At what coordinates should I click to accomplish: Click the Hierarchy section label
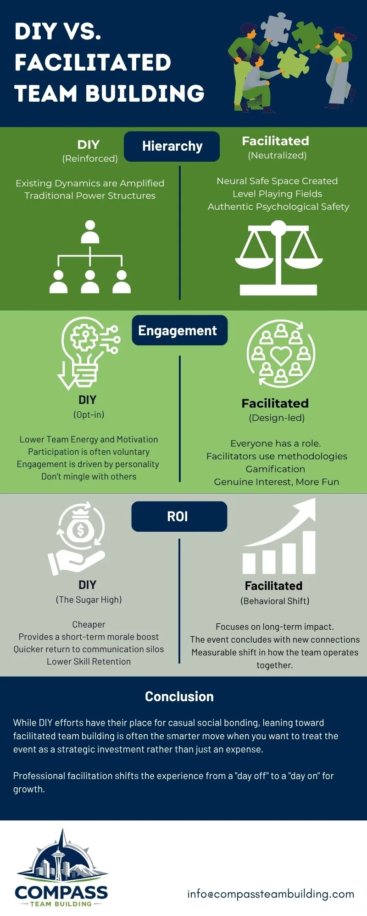[172, 146]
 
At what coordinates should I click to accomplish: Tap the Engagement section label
[178, 330]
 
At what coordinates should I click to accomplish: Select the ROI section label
[178, 517]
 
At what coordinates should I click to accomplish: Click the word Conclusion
[179, 697]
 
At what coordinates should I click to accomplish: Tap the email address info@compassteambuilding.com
[271, 894]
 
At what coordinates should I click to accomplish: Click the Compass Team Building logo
[61, 870]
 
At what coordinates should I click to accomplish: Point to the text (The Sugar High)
[89, 600]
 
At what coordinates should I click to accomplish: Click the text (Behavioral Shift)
[275, 601]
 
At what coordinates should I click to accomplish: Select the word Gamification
[275, 469]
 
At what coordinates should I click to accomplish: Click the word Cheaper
[89, 624]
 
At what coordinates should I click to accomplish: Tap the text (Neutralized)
[277, 155]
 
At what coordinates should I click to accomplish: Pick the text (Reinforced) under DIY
[90, 158]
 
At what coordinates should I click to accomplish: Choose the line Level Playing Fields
[277, 194]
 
